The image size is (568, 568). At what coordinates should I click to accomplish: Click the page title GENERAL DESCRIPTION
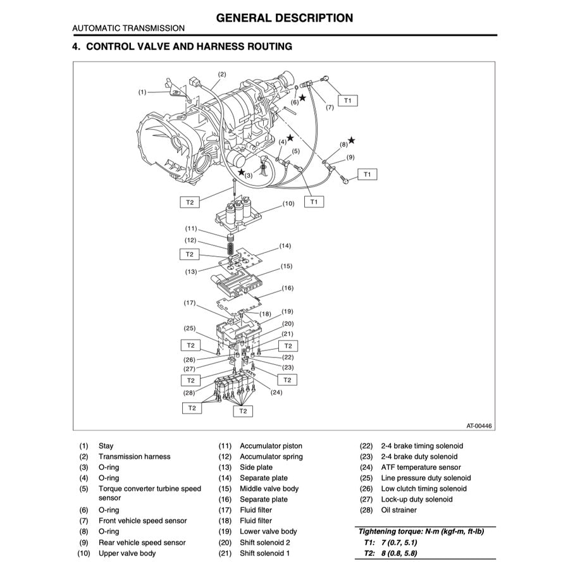284,18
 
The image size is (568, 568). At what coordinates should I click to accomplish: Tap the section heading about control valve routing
182,47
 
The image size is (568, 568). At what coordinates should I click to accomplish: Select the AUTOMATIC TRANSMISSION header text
128,28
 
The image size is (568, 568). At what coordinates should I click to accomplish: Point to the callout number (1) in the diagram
143,92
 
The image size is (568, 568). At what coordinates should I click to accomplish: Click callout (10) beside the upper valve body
288,204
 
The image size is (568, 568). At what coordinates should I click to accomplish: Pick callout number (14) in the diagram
285,245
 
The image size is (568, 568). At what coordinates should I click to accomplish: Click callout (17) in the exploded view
190,303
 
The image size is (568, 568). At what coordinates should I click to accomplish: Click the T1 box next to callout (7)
348,100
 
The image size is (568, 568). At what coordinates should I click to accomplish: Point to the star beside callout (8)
351,140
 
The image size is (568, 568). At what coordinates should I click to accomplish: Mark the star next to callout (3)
241,172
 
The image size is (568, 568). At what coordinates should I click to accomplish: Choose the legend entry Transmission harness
134,457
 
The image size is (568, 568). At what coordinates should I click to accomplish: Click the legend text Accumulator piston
271,446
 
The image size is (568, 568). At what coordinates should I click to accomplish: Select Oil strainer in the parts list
398,510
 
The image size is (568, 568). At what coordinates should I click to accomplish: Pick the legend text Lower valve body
268,532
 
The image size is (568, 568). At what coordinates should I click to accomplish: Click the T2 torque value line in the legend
390,553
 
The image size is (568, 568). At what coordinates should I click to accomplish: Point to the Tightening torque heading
421,532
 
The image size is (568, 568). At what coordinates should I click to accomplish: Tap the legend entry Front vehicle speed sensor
142,521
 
